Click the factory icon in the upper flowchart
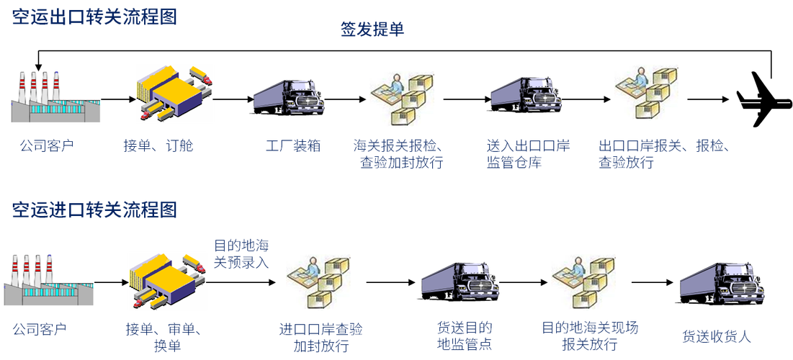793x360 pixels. point(55,96)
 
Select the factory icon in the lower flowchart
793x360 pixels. point(49,279)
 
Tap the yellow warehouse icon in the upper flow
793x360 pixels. point(174,93)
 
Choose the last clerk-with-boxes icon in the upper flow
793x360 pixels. point(648,93)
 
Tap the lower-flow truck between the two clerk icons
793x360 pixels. point(459,280)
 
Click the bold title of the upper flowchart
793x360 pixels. point(94,17)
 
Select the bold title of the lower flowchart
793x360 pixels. point(94,210)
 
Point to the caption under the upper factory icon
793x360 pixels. point(46,146)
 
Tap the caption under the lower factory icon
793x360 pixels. point(40,330)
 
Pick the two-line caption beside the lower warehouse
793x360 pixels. point(242,254)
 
